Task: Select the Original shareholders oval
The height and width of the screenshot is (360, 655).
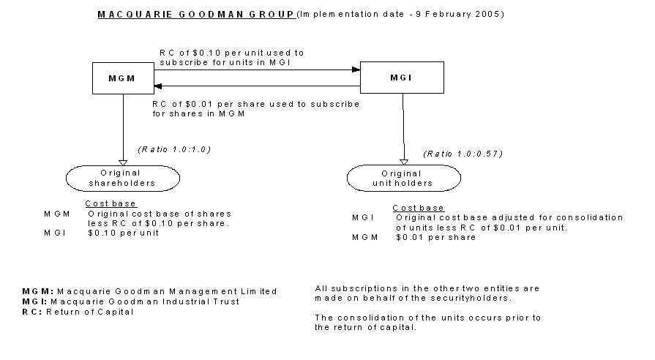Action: point(123,178)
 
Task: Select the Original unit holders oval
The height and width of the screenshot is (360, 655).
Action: point(404,178)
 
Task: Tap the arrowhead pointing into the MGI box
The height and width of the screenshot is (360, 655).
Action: point(357,70)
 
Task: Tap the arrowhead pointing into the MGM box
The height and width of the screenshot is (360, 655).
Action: point(157,86)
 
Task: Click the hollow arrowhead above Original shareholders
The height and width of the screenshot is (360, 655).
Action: point(123,162)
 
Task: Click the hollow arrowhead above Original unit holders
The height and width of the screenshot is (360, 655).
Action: point(404,162)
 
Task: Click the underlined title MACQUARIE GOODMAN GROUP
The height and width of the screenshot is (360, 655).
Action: point(196,14)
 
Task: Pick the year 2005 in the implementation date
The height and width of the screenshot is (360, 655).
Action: point(489,14)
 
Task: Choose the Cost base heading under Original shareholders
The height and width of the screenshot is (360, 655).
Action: point(111,203)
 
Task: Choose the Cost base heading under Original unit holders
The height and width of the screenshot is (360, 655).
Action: point(418,208)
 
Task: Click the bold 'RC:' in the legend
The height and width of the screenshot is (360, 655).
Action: point(31,312)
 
